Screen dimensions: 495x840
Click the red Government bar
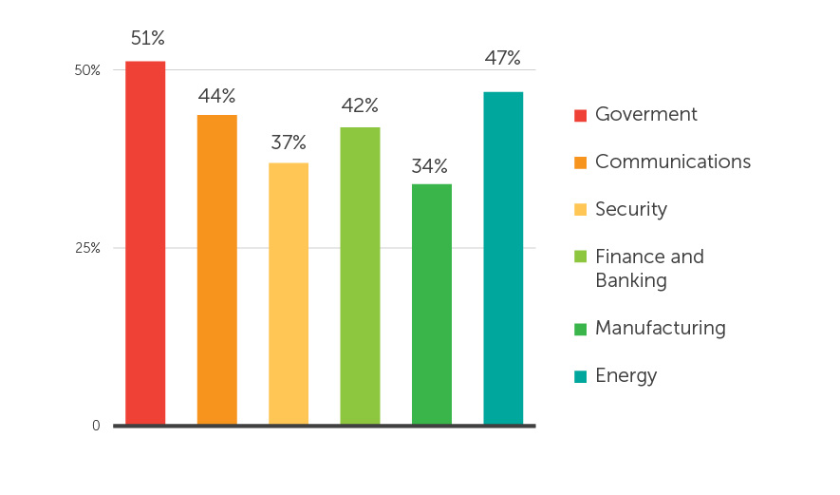coord(145,242)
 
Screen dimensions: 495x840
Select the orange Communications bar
coord(217,269)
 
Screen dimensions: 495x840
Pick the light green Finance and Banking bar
coord(360,276)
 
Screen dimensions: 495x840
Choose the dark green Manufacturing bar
coord(432,304)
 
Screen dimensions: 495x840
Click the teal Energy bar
coord(503,257)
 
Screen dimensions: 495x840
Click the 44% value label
coord(216,96)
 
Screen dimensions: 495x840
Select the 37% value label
coord(289,143)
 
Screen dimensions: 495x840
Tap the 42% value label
coord(360,105)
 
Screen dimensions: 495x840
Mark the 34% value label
coord(430,166)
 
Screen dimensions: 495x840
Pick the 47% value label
coord(503,58)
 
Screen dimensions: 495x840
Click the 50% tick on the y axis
coord(87,70)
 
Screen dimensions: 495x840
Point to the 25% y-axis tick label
coord(87,248)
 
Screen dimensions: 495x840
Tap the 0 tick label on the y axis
coord(96,426)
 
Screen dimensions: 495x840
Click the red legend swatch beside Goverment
coord(580,115)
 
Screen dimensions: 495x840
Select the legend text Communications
coord(672,162)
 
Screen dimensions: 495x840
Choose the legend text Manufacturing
coord(660,328)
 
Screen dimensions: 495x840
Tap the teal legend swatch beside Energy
coord(580,376)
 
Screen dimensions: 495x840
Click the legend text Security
coord(630,209)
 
